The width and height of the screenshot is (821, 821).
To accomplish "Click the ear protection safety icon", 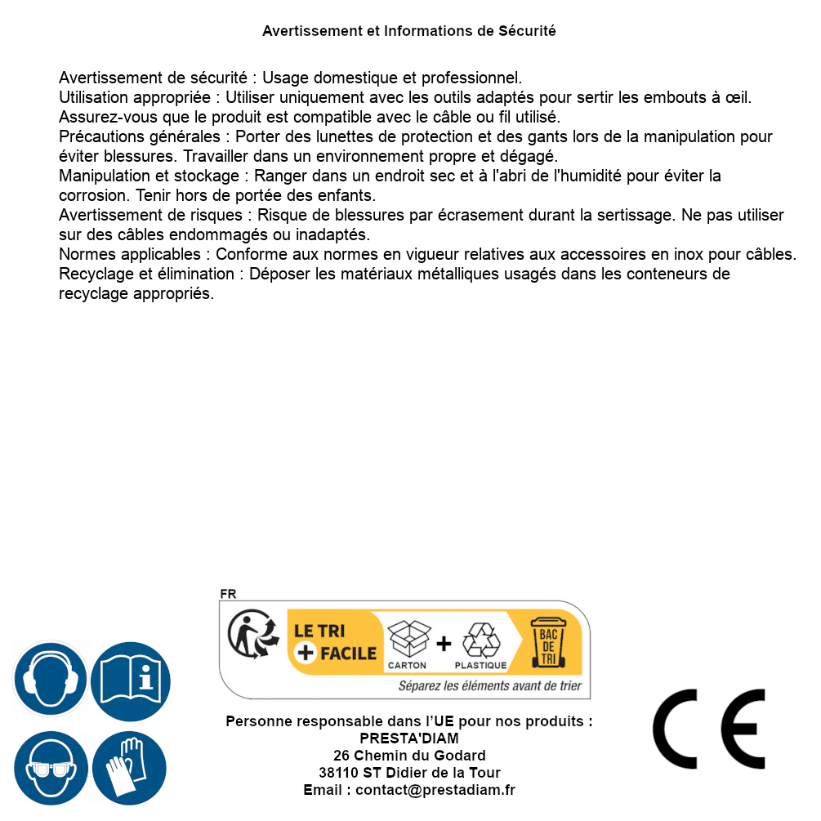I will [x=50, y=679].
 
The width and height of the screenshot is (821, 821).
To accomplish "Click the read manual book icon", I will [x=131, y=679].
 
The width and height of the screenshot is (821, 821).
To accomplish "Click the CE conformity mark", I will [x=708, y=729].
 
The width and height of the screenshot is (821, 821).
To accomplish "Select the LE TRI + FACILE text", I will [x=335, y=642].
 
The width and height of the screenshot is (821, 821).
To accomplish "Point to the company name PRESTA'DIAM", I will [x=409, y=738].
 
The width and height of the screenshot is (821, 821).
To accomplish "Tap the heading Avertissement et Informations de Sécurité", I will [x=409, y=31].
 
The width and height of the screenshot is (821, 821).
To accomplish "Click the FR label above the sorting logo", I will [x=228, y=594].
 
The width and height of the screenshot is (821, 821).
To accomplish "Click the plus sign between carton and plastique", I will [x=444, y=643].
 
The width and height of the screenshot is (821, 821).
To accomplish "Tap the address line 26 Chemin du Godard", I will [x=409, y=756].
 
